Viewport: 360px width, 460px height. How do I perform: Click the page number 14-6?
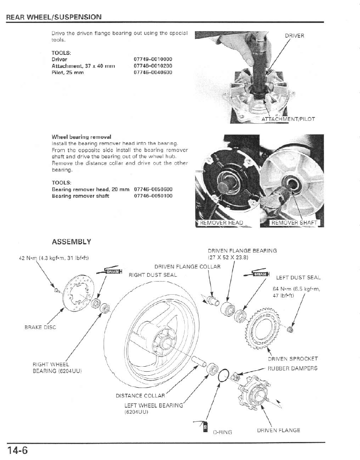click(17, 451)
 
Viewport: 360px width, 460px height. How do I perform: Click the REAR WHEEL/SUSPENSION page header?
click(53, 17)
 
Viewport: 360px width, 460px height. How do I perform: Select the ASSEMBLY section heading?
click(71, 242)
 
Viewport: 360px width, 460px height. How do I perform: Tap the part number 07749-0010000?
click(153, 59)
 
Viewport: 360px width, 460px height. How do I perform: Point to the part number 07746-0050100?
click(153, 196)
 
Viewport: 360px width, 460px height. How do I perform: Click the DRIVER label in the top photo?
click(294, 36)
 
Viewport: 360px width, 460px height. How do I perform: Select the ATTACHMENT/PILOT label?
click(288, 119)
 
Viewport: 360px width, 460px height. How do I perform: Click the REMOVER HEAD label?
click(221, 223)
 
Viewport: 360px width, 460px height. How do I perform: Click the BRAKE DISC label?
click(40, 327)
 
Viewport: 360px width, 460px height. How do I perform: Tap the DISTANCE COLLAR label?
click(140, 396)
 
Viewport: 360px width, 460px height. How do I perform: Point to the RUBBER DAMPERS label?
click(292, 368)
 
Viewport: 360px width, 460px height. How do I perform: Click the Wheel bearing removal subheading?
click(82, 137)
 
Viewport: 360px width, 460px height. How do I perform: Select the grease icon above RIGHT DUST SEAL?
click(110, 271)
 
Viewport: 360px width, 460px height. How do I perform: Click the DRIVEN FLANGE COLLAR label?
click(187, 267)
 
